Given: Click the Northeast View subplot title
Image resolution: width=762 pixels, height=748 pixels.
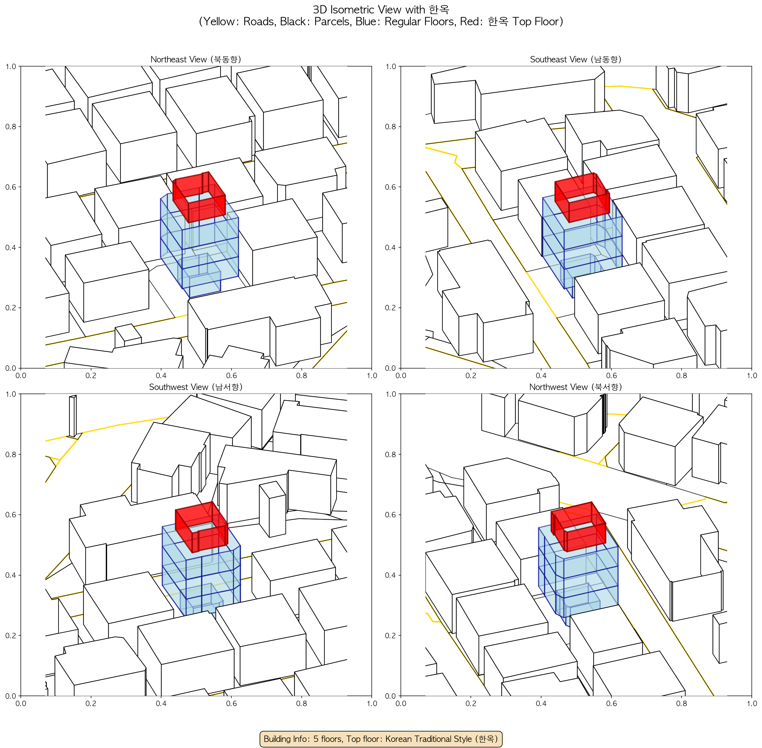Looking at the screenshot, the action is (x=196, y=59).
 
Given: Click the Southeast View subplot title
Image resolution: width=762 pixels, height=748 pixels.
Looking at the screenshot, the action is (x=576, y=59).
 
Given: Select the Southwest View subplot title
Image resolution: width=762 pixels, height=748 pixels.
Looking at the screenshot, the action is (x=196, y=387).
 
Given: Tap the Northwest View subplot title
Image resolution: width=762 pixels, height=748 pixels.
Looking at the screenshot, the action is (x=576, y=387).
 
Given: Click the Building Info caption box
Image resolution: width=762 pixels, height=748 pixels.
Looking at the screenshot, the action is (x=381, y=739).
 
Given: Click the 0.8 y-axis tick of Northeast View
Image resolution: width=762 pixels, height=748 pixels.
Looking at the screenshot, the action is (x=11, y=126).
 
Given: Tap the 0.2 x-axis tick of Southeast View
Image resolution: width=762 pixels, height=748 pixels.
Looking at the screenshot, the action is (x=471, y=375).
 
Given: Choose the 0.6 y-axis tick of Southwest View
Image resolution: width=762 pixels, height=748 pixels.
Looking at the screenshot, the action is (x=11, y=515).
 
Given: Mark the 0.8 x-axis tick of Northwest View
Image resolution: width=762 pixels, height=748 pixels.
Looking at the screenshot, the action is (x=681, y=703).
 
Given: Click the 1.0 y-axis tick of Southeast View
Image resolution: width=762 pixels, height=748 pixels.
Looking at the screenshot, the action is (x=391, y=67).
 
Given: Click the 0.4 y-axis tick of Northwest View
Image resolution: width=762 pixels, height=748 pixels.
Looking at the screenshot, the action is (x=391, y=575).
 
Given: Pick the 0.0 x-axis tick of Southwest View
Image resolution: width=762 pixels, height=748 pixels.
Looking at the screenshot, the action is (x=20, y=703).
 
